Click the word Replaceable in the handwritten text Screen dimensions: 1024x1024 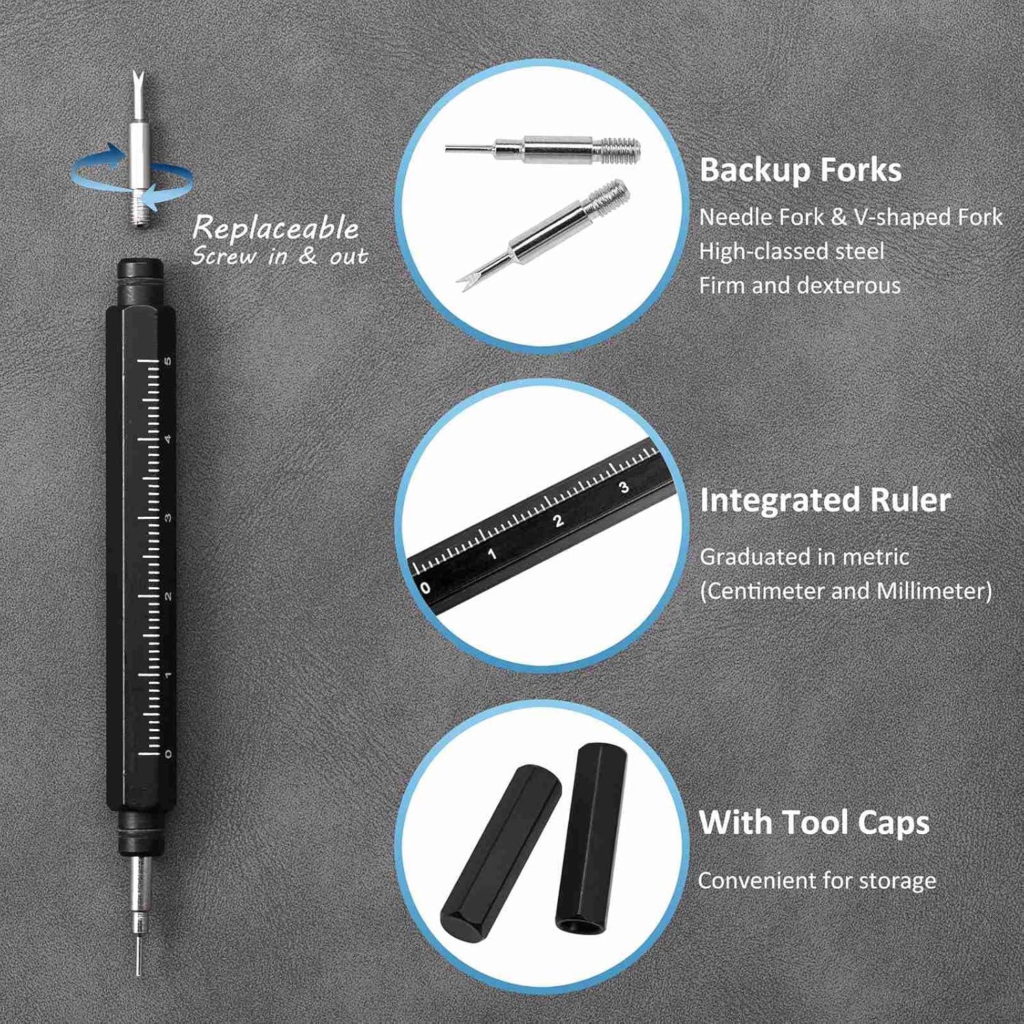tap(275, 227)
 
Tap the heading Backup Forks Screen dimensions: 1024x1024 tap(800, 170)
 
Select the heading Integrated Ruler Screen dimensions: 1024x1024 tap(825, 500)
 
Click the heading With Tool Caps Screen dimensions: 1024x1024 tap(814, 822)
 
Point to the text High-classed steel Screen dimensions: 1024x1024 tap(791, 251)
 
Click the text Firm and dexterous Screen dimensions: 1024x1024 tap(799, 285)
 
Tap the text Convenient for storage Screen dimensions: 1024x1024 tap(816, 881)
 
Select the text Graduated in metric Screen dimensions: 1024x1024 tap(804, 557)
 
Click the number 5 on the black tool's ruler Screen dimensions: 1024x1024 tap(168, 360)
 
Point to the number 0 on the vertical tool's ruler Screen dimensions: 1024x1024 tap(168, 754)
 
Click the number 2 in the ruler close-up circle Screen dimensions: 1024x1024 tap(558, 521)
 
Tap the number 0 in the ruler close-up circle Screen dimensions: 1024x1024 tap(425, 587)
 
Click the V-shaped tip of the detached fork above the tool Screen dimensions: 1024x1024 tap(137, 85)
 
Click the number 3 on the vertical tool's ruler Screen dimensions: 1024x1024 tap(168, 517)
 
